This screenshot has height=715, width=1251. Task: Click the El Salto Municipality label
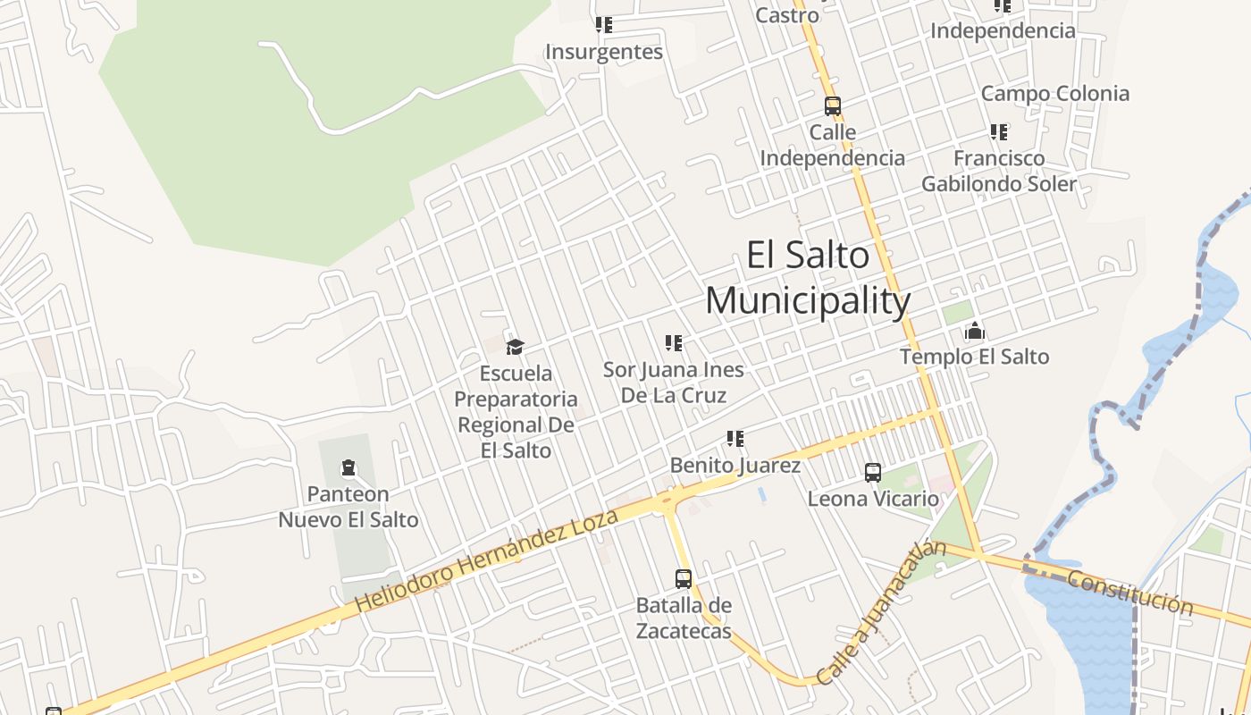coord(807,278)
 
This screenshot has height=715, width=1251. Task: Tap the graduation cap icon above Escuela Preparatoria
coord(515,347)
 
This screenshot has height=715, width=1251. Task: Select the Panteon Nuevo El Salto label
coord(348,507)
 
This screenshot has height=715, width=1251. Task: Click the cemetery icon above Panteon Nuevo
coord(348,467)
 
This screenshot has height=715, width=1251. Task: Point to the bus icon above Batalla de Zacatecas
coord(684,579)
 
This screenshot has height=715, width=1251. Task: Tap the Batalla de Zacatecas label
coord(684,618)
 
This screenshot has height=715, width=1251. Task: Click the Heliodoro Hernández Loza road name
coord(487,562)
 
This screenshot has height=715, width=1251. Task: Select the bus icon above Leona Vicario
coord(873,473)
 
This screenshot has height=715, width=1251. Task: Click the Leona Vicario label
coord(873,499)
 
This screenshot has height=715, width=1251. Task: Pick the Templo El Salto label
coord(974,357)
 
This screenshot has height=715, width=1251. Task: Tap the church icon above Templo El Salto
coord(974,332)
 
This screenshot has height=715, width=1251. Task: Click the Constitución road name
coord(1129,592)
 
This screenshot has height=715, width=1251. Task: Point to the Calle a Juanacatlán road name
coord(881,613)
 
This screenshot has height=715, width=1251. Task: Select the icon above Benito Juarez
coord(735,439)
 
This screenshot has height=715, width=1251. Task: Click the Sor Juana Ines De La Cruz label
coord(674,382)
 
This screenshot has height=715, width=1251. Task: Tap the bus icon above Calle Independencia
coord(833,106)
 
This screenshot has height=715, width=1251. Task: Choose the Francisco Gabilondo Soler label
coord(999,171)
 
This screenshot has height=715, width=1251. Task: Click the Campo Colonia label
coord(1054,94)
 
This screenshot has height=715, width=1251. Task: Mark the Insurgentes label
coord(604,52)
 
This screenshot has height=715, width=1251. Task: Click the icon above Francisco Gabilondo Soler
coord(999,132)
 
